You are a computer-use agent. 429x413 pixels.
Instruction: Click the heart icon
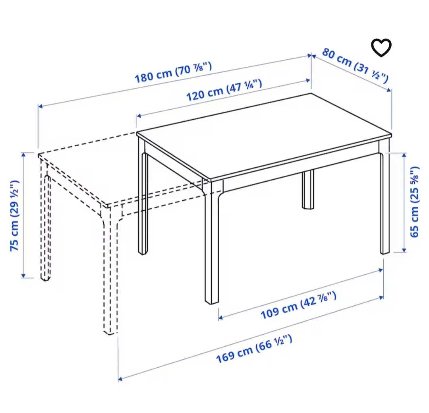[381, 48]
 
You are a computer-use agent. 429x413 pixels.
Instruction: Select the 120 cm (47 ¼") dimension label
[224, 90]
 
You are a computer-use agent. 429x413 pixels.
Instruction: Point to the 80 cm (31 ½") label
[355, 66]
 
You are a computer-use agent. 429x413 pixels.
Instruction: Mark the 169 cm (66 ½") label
[254, 349]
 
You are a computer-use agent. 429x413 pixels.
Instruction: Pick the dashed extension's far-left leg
[45, 223]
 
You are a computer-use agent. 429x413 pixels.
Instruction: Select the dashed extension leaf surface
[119, 171]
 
